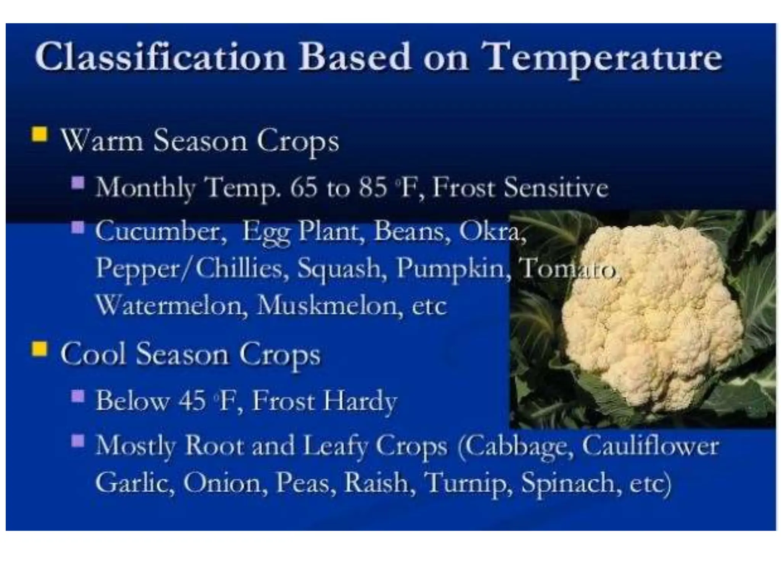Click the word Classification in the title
click(160, 57)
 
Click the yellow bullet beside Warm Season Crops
click(39, 134)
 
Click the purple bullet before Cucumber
click(78, 228)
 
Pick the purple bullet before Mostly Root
click(78, 441)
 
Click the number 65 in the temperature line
click(304, 188)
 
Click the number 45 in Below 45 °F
click(193, 401)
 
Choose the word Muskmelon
click(329, 305)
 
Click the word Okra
click(492, 231)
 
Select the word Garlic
click(135, 483)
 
